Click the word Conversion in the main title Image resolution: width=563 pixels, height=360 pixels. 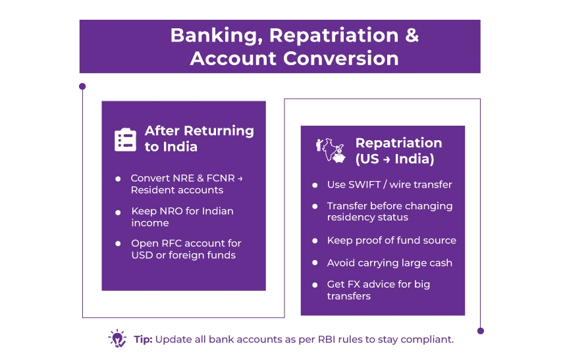coord(341,58)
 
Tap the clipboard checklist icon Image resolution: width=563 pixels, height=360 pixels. coord(125,140)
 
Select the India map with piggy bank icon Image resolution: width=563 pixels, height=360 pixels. coord(331,151)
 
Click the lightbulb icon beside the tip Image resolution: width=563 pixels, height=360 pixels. coord(117,339)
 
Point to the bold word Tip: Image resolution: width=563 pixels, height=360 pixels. coord(143,340)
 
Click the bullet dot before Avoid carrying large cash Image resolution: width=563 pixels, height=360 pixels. coord(314,263)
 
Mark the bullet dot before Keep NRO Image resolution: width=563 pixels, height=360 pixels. coord(118,212)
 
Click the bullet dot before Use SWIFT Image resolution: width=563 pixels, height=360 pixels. coord(314,185)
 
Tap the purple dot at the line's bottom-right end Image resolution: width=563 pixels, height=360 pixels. coord(481,330)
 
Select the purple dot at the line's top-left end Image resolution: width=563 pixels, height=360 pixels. coord(82,86)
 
